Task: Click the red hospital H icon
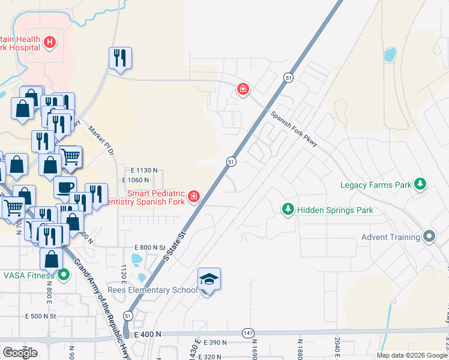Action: [x=50, y=42]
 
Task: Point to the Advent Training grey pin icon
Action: [x=429, y=236]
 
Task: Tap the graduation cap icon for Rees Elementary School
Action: [x=209, y=279]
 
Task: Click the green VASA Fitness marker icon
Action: [x=64, y=275]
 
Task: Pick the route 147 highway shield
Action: [x=247, y=332]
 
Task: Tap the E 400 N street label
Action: [x=148, y=334]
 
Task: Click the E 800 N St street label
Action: [x=149, y=247]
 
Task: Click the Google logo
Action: [x=20, y=353]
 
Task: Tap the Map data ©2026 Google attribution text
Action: [x=412, y=355]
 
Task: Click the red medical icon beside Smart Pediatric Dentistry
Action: [x=193, y=196]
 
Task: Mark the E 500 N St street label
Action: [x=40, y=316]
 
